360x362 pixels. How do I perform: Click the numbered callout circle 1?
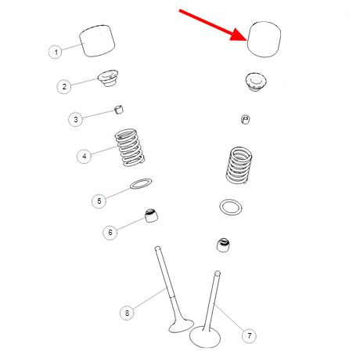tap(56, 52)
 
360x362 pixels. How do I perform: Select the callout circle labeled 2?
tap(64, 86)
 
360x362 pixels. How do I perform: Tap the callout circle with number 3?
tap(75, 119)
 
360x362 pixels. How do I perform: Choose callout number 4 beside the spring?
tap(84, 156)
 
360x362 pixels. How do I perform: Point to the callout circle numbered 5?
tap(99, 201)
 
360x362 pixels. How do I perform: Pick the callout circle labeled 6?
tap(110, 232)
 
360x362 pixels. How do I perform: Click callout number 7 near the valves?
tap(249, 335)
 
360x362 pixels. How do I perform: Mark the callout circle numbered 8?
tap(127, 313)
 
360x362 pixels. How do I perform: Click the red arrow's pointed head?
tap(247, 41)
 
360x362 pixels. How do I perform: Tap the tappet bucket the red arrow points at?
tap(264, 39)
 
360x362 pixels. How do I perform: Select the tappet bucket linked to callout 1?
tap(97, 41)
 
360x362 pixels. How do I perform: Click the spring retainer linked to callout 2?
tap(108, 78)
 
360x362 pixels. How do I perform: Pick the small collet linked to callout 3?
tap(119, 110)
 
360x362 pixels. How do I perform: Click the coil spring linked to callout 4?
tap(130, 147)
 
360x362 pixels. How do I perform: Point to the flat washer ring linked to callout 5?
tap(141, 183)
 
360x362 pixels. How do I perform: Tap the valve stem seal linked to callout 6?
tap(151, 215)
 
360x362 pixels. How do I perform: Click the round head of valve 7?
tap(205, 337)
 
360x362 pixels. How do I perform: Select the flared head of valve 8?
tap(181, 326)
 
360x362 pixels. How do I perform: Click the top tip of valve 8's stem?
tap(157, 248)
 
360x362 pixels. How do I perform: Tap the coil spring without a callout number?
tap(239, 165)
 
